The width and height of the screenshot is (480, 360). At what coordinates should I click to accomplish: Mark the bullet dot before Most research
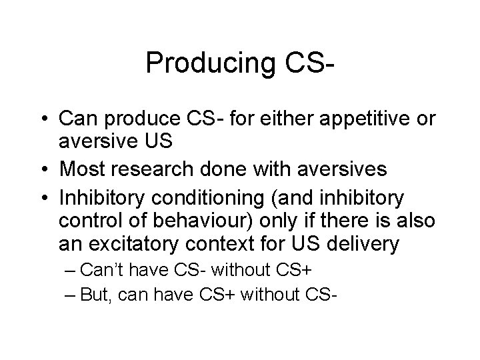coord(45,170)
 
